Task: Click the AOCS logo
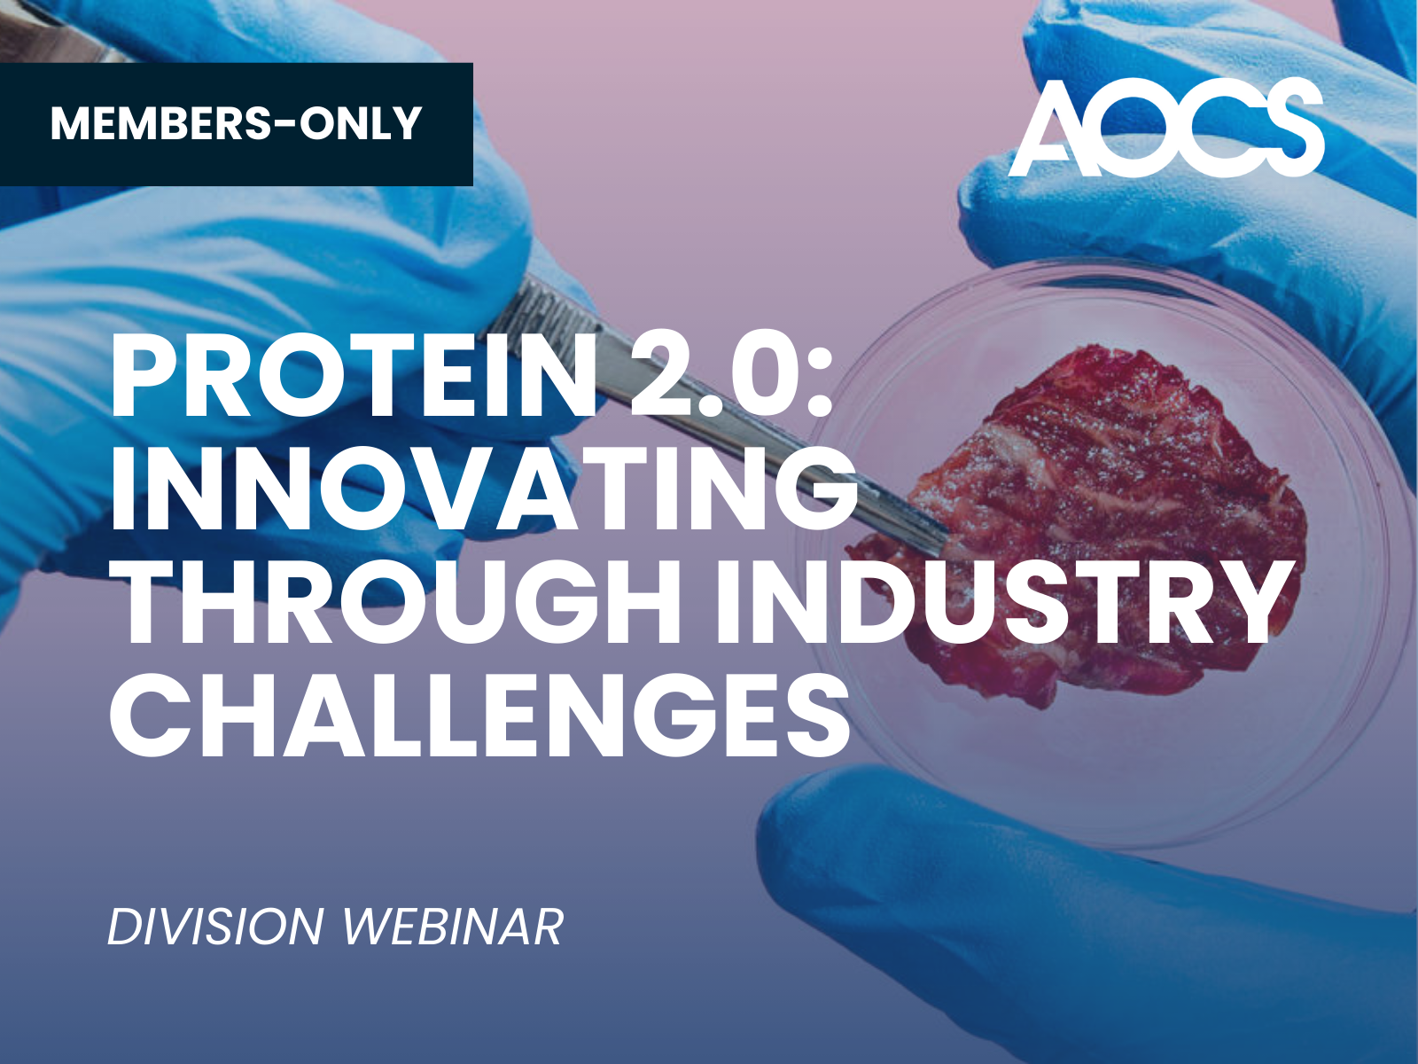click(x=1166, y=128)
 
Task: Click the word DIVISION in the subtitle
click(x=215, y=927)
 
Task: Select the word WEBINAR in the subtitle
click(x=452, y=927)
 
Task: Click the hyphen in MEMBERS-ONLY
click(x=284, y=125)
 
